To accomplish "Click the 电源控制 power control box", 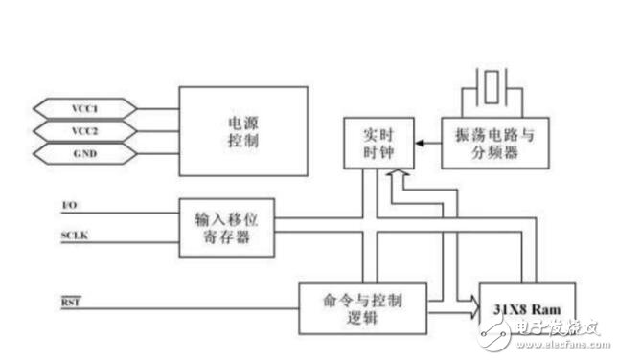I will tap(243, 130).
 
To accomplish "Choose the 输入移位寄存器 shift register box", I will tap(228, 228).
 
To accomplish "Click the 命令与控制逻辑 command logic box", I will tap(363, 308).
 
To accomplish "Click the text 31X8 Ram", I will tap(526, 308).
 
